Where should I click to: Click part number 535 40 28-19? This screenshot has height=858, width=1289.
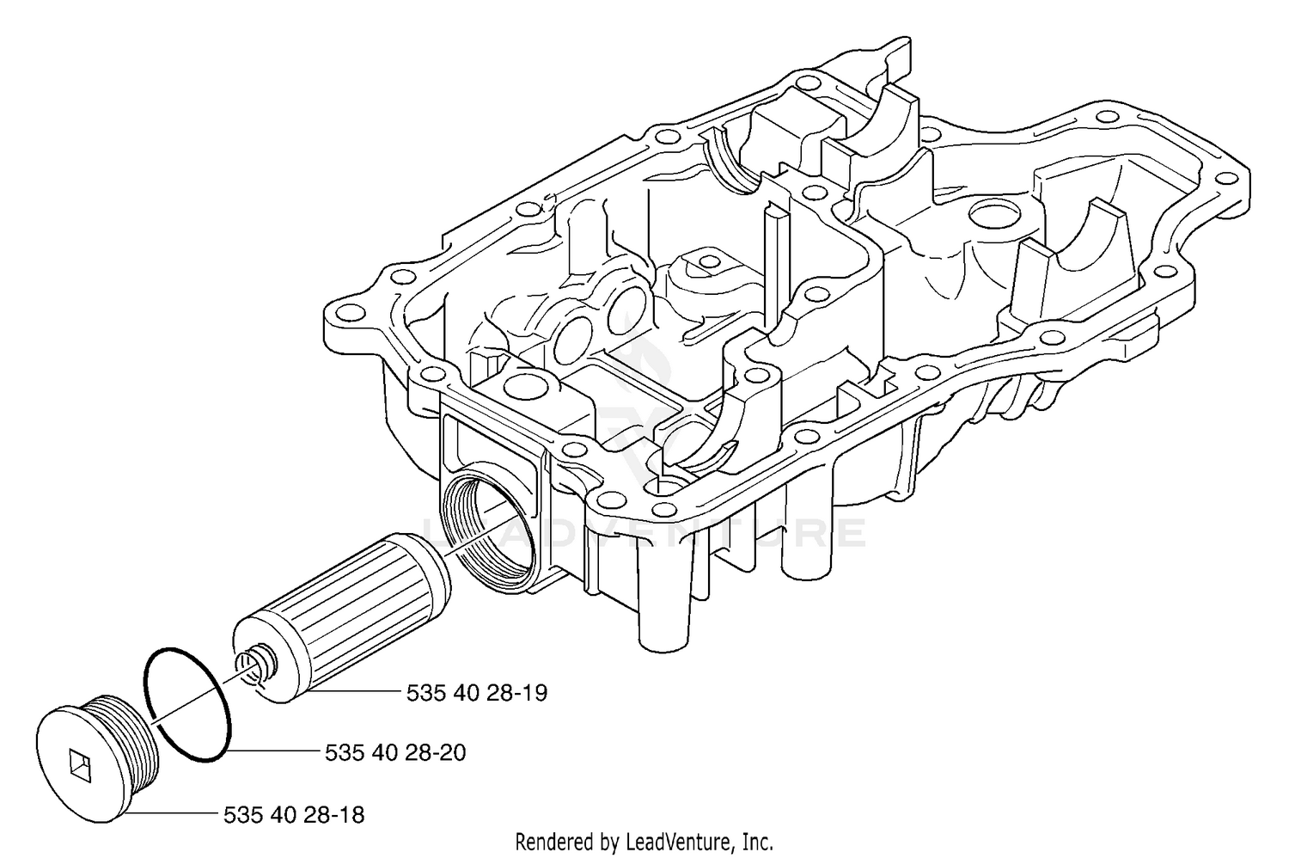coord(476,693)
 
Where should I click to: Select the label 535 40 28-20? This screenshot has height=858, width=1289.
coord(395,753)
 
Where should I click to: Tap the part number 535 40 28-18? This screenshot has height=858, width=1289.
coord(294,815)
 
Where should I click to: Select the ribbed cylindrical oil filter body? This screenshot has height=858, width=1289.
coord(342,620)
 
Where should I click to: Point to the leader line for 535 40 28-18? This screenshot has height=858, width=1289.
coord(172,813)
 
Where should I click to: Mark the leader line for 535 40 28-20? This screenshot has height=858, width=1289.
coord(274,751)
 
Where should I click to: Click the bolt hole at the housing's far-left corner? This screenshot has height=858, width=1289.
coord(344,314)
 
